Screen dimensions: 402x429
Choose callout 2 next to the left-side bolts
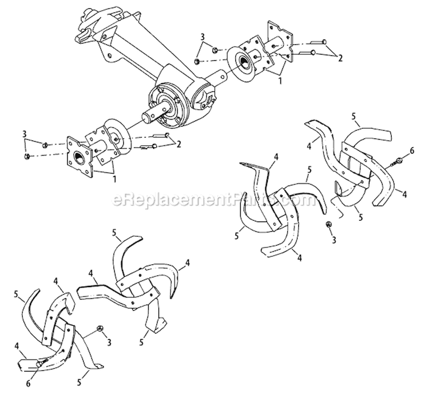(179, 143)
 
